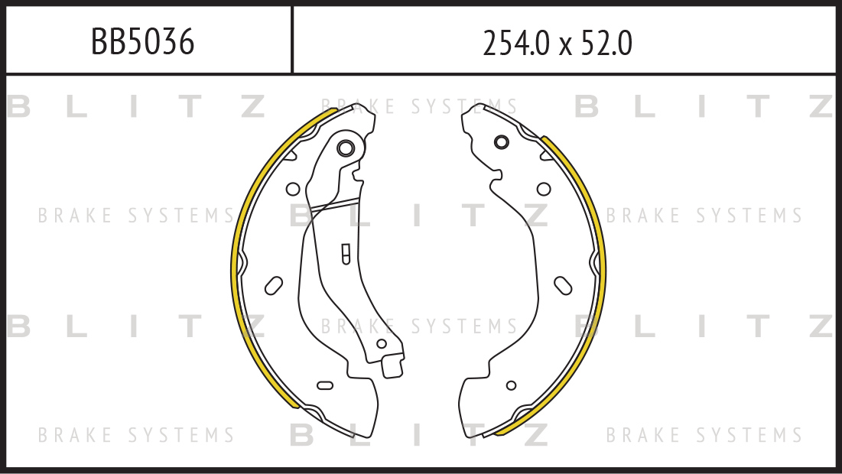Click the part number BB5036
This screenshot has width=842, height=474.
tap(142, 42)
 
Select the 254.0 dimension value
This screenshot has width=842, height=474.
tap(516, 44)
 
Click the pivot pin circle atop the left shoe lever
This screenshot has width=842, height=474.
tap(345, 148)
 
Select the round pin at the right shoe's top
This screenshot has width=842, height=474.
tap(501, 142)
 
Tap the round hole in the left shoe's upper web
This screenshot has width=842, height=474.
tap(293, 189)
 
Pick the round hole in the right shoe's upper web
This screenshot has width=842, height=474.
tap(544, 189)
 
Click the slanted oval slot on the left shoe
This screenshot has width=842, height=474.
tap(274, 286)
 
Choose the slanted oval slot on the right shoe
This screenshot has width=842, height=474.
tap(563, 286)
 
